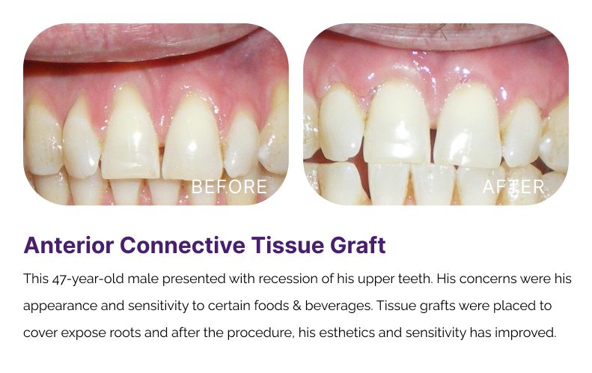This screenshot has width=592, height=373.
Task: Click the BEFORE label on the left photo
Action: (x=229, y=186)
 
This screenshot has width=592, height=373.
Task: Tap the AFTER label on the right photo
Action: (x=513, y=186)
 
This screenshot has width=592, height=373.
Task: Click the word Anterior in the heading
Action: (x=69, y=245)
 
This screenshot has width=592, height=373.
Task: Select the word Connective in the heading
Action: (x=183, y=245)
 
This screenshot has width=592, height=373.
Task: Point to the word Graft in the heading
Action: (x=358, y=245)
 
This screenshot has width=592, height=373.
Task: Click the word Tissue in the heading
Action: (x=288, y=245)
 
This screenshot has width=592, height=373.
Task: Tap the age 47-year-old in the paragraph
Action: (x=88, y=279)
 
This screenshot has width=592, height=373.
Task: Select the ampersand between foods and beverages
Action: (x=296, y=306)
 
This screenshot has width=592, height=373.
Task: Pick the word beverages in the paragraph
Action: (x=338, y=306)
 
